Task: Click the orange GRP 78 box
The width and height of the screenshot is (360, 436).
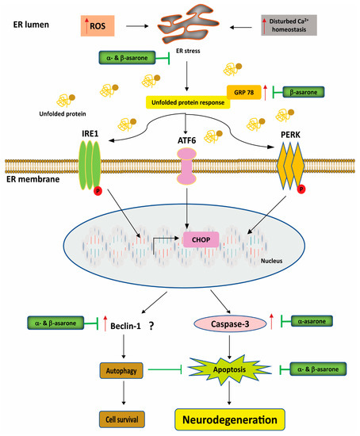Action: click(x=241, y=91)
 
